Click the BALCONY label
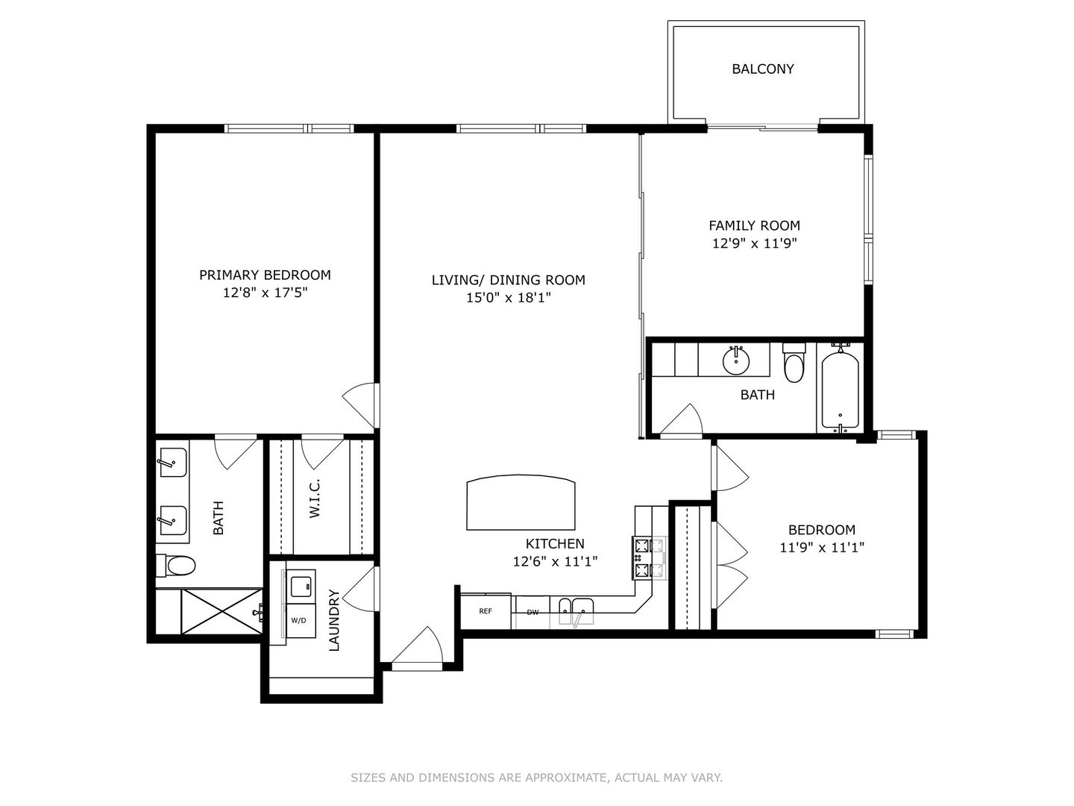pyautogui.click(x=762, y=69)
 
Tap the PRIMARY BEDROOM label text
pyautogui.click(x=265, y=275)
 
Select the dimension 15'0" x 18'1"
pyautogui.click(x=508, y=298)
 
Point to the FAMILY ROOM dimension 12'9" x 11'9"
pyautogui.click(x=754, y=243)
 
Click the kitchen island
pyautogui.click(x=521, y=504)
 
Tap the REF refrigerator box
pyautogui.click(x=486, y=611)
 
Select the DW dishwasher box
pyautogui.click(x=533, y=613)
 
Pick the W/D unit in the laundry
pyautogui.click(x=299, y=620)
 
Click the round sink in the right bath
pyautogui.click(x=735, y=362)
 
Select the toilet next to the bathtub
pyautogui.click(x=794, y=364)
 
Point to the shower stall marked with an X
pyautogui.click(x=222, y=611)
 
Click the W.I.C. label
pyautogui.click(x=315, y=499)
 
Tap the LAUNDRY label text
pyautogui.click(x=333, y=620)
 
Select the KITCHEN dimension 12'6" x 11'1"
pyautogui.click(x=555, y=561)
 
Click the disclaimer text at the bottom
pyautogui.click(x=536, y=778)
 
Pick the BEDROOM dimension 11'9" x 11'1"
pyautogui.click(x=821, y=547)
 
